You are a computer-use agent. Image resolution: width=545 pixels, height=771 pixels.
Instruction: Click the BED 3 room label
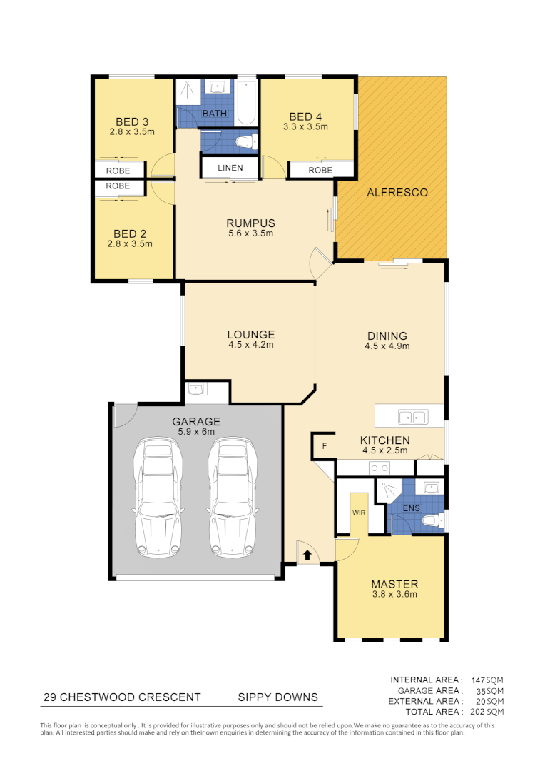click(132, 120)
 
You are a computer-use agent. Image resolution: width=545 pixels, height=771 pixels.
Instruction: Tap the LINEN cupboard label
click(230, 168)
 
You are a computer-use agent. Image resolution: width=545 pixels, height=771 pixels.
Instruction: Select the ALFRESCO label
click(397, 193)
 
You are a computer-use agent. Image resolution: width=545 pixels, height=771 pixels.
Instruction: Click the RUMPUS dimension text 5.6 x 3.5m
click(250, 233)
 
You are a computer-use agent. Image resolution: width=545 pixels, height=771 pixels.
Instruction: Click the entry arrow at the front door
click(307, 553)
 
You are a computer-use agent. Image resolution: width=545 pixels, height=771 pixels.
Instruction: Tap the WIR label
click(357, 513)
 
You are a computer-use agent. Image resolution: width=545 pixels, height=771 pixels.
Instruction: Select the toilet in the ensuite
click(432, 522)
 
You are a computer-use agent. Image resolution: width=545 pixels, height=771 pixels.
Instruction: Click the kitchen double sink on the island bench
click(412, 415)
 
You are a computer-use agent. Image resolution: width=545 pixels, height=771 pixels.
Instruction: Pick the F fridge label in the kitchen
click(325, 446)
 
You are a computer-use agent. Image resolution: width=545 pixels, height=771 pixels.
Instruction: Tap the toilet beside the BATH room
click(244, 142)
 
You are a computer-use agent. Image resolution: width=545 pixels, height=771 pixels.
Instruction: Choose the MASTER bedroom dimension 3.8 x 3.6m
click(394, 594)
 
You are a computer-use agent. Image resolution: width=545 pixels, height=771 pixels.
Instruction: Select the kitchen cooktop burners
click(378, 468)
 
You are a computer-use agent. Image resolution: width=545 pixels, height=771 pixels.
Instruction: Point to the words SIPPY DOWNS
click(277, 697)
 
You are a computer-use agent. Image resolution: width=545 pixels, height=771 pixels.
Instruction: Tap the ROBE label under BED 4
click(320, 171)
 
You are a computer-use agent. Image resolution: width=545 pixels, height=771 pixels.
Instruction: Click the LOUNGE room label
click(250, 334)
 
